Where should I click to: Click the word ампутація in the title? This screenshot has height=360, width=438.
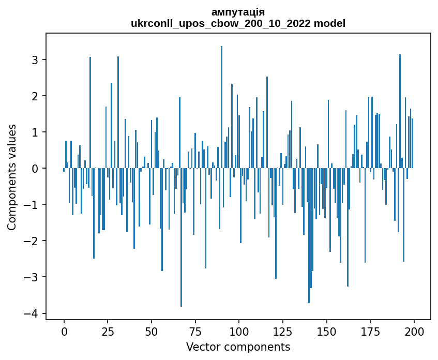(x=238, y=12)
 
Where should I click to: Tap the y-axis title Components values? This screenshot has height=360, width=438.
(x=12, y=177)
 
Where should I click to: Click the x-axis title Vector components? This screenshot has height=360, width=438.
(x=238, y=347)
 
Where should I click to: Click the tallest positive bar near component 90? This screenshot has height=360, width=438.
(x=221, y=103)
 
